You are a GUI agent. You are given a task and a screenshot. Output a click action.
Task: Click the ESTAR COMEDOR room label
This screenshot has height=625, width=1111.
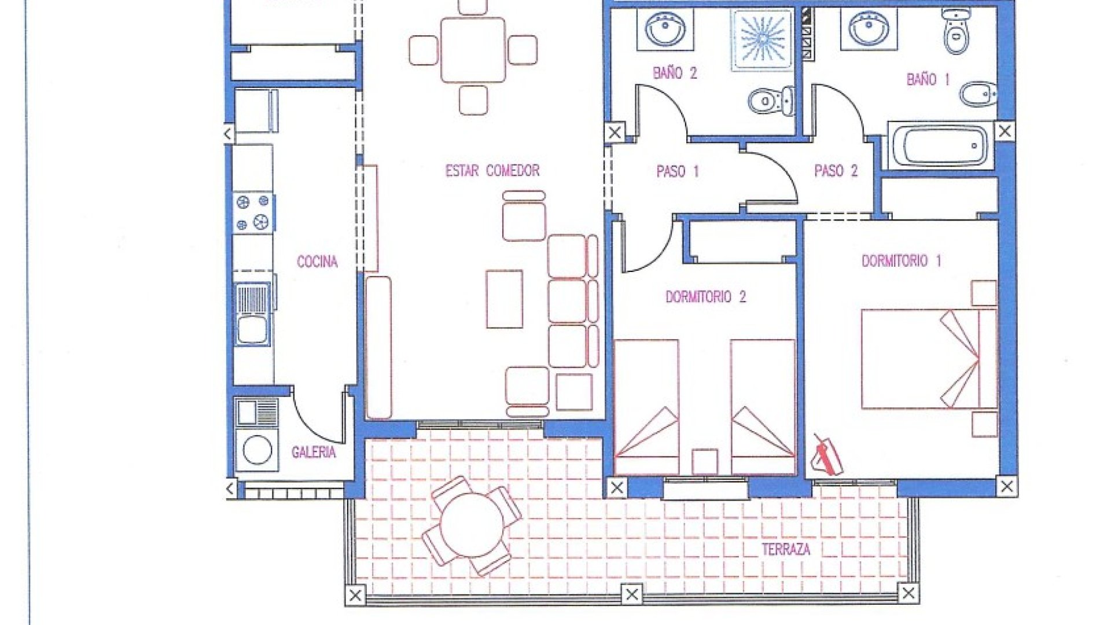tap(492, 171)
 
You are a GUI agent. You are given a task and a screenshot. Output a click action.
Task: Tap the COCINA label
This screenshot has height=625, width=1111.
tap(317, 262)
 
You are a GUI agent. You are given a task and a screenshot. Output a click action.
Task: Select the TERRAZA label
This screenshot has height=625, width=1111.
tap(785, 549)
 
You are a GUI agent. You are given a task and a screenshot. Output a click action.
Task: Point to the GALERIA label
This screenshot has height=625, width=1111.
tap(314, 452)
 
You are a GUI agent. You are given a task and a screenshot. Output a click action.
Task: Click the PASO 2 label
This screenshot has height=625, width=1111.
tap(836, 171)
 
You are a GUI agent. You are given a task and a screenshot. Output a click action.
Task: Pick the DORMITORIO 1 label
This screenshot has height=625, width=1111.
tap(901, 261)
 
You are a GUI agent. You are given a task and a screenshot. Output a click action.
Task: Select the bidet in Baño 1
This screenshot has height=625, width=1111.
tap(977, 94)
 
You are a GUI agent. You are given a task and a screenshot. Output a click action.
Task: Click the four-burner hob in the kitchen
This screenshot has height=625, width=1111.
tap(253, 212)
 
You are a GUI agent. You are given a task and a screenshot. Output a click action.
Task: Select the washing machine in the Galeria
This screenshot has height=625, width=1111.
tap(257, 450)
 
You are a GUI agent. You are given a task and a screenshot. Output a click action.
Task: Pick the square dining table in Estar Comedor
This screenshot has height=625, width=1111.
tap(473, 50)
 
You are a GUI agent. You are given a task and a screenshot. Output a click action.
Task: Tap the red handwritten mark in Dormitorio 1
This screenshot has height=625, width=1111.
tap(826, 455)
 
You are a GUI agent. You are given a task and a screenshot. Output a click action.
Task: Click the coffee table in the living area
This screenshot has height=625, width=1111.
tap(504, 299)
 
